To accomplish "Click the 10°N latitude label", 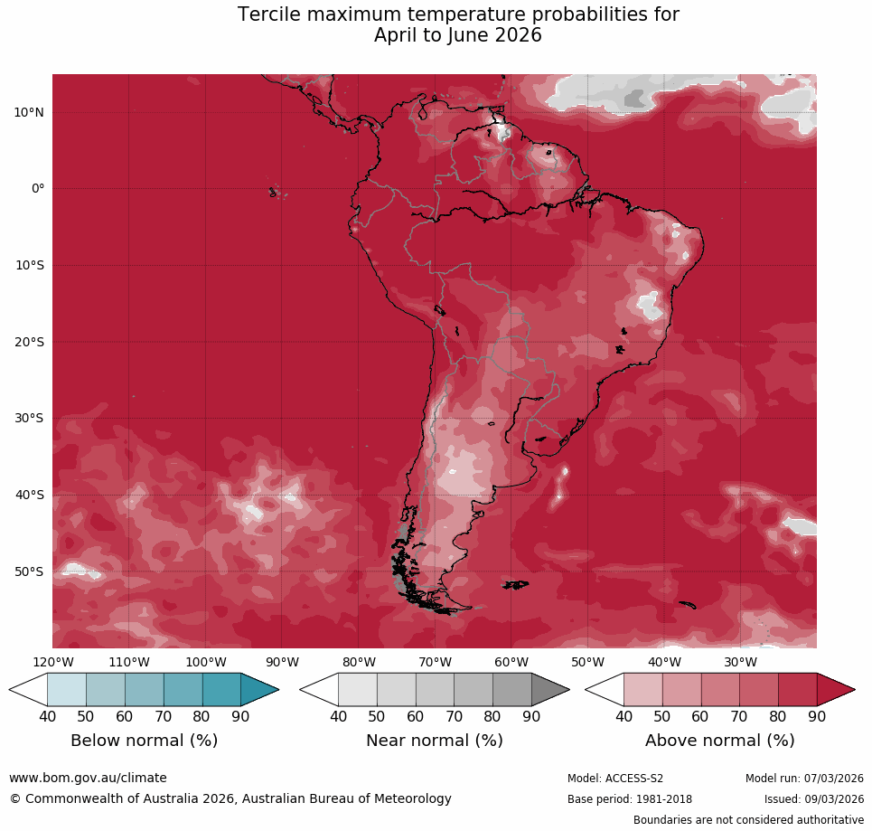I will coord(29,112).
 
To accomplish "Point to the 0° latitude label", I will coord(36,189).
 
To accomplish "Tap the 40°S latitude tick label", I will coord(29,495).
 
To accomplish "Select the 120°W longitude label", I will coord(52,662).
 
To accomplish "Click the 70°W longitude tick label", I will coord(435,662).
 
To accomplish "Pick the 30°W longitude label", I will coord(740,662).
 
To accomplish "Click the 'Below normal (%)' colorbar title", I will coord(144,741).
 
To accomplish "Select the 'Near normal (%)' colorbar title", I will coord(434,741).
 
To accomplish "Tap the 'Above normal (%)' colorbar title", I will coord(719,741).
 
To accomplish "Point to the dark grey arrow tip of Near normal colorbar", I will coord(551,690).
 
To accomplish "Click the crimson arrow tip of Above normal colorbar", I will coord(837,690).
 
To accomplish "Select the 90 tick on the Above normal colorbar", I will coord(817,716).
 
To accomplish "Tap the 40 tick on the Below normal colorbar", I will coord(47,716).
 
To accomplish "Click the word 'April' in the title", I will coord(398,36).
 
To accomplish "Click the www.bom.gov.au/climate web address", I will coord(88,778).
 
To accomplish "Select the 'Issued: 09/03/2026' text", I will coord(813,799).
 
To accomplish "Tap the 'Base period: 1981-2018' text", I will coord(629,799).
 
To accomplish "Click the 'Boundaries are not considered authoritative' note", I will coord(748,820).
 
